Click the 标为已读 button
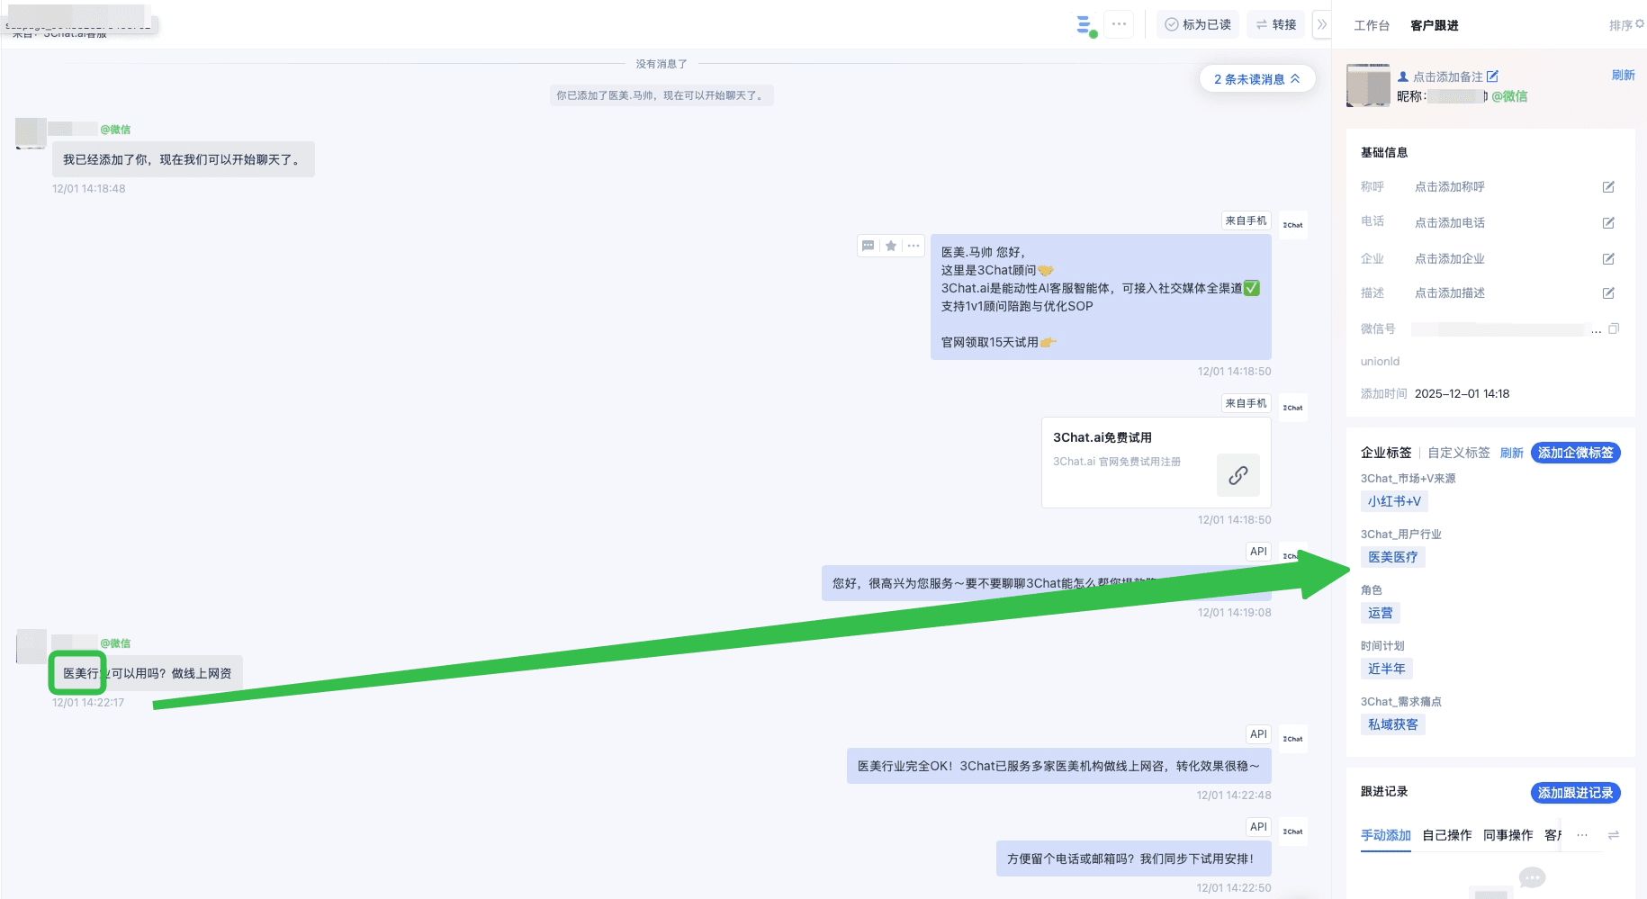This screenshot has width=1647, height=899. [x=1198, y=24]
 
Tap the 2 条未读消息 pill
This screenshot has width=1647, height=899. [x=1256, y=79]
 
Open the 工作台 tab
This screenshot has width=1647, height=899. [x=1372, y=25]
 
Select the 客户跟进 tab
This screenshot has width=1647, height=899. [x=1434, y=25]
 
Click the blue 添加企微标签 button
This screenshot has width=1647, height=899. [x=1575, y=453]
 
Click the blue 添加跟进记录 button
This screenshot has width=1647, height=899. [x=1575, y=793]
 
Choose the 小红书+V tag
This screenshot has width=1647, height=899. [x=1394, y=501]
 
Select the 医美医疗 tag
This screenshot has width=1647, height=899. [x=1392, y=557]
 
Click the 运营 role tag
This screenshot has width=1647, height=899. [x=1380, y=613]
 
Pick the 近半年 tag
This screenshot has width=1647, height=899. [x=1386, y=669]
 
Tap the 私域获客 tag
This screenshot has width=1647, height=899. [x=1392, y=724]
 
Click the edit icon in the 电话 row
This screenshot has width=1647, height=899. [x=1608, y=222]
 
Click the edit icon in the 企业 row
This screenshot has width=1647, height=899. [x=1608, y=259]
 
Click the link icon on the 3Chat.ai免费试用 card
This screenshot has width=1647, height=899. [x=1237, y=475]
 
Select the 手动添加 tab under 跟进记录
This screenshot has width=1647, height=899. [x=1385, y=835]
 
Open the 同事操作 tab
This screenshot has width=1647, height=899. [x=1507, y=835]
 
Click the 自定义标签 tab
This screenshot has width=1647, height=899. [x=1459, y=453]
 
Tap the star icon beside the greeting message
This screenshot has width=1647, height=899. [x=891, y=246]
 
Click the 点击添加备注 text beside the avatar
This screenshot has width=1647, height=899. [x=1447, y=76]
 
